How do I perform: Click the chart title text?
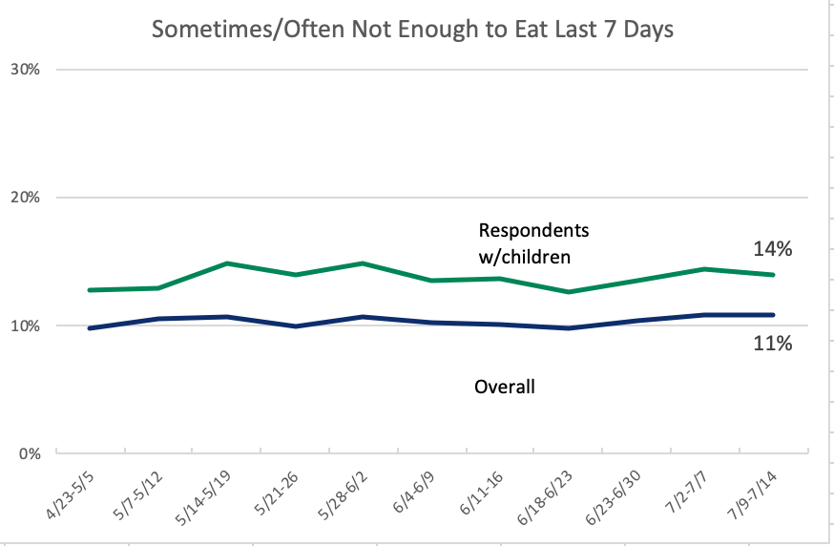pos(413,31)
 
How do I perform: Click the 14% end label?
pos(772,249)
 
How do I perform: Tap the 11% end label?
pos(772,343)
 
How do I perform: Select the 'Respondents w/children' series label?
pos(532,242)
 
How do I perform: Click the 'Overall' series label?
pos(504,387)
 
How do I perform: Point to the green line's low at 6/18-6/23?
pos(569,292)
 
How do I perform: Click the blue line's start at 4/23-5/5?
pos(88,328)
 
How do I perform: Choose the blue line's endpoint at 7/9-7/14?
pos(774,314)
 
